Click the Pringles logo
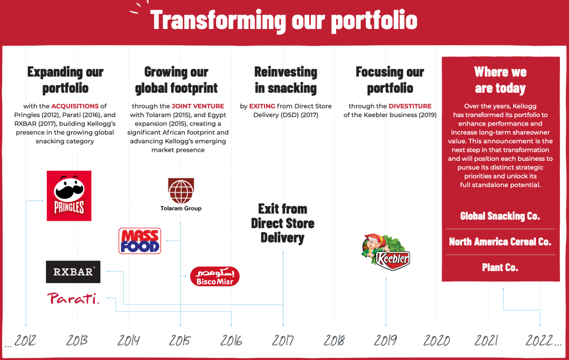pos(69,196)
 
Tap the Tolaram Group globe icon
pos(181,191)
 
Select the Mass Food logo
pos(140,240)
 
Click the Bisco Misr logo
pos(215,276)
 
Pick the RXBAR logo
pos(73,272)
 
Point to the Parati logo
pos(73,298)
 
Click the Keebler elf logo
pos(386,252)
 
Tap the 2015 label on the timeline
pos(180,340)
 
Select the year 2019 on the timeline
pos(385,340)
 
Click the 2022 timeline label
pos(539,340)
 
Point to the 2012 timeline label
pos(25,340)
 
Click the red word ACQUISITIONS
pos(75,106)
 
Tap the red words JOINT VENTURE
pos(198,106)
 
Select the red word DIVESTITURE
pos(410,106)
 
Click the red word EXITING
pos(262,106)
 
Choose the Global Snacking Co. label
pos(500,216)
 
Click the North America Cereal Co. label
pos(500,242)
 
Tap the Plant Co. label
pos(500,267)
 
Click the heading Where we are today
pos(501,80)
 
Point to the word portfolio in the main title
pos(374,20)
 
